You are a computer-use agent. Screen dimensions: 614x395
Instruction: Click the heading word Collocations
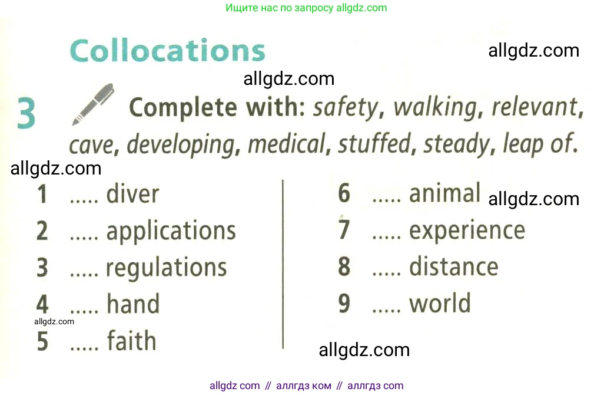tap(168, 50)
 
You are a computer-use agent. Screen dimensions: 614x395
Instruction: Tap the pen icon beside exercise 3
tap(93, 104)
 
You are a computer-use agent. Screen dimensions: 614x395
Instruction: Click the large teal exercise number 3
tap(26, 113)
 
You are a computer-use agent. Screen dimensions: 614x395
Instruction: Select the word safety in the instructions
tap(346, 108)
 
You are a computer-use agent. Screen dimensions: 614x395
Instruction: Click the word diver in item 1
tap(132, 193)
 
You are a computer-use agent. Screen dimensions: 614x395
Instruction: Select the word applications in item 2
tap(171, 231)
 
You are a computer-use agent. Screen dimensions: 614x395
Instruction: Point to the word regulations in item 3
tap(167, 268)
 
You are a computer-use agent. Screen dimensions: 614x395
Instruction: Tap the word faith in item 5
tap(132, 340)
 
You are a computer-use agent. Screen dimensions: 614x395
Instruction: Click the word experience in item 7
tap(467, 231)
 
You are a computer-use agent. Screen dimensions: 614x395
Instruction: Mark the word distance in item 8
tap(454, 266)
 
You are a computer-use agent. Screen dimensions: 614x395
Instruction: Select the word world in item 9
tap(440, 303)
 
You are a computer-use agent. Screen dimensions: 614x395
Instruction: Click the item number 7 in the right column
tap(344, 229)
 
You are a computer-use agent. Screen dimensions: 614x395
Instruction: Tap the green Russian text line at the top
tap(306, 8)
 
